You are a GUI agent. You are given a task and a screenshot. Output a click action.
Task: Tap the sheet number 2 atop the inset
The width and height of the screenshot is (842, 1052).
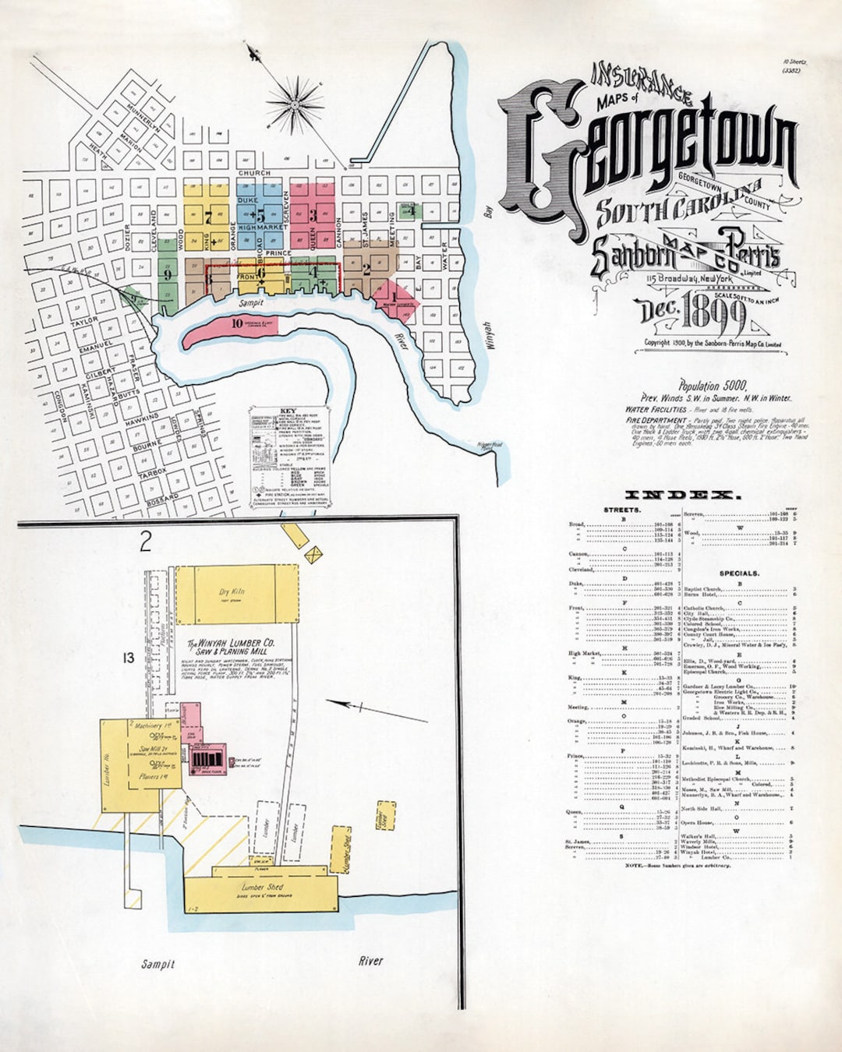pos(146,542)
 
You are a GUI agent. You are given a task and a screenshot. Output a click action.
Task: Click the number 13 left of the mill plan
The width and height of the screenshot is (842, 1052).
pos(128,658)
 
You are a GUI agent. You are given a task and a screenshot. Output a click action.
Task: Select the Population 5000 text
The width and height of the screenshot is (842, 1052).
pos(713,386)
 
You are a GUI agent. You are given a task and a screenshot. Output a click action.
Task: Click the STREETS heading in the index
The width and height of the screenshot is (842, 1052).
pos(622,510)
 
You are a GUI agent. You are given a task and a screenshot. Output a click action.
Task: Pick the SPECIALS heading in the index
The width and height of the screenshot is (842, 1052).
pos(738,573)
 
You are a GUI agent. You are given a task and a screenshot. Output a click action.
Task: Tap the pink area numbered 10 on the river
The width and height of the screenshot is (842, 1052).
pos(237,323)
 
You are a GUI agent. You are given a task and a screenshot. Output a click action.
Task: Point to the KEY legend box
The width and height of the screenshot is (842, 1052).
pos(278,456)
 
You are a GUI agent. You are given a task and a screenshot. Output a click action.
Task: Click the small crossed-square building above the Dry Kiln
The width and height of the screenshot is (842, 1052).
pos(313,555)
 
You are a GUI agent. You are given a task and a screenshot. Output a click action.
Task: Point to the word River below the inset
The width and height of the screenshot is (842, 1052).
pos(370,961)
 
